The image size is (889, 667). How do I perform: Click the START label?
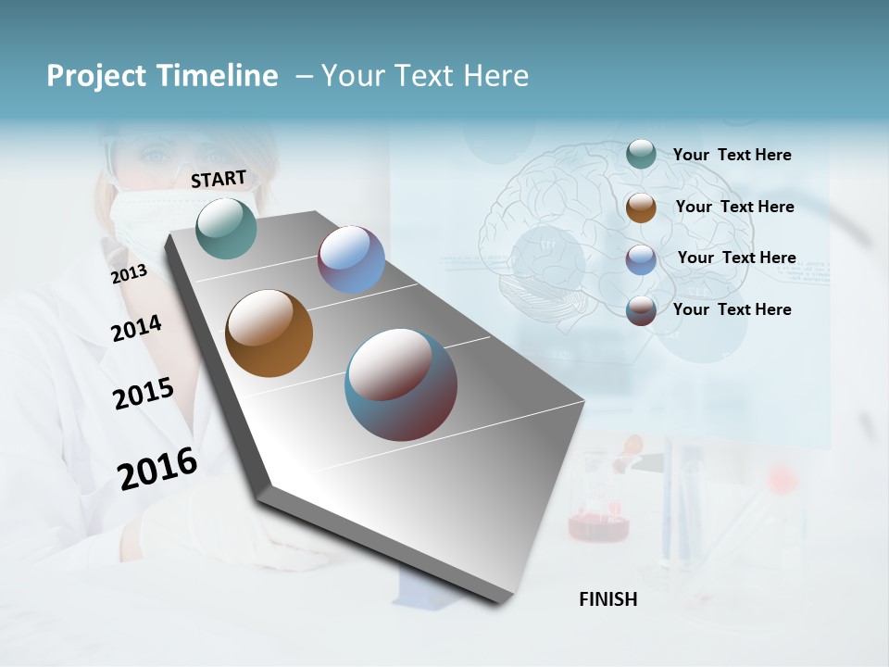219,179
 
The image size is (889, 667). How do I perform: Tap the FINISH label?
607,599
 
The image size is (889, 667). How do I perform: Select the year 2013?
129,273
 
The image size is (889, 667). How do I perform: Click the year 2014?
136,328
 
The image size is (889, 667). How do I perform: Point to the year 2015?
143,394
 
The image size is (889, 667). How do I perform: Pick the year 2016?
157,469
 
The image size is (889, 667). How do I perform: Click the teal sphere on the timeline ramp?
227,228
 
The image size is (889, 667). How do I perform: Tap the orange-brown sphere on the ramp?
269,333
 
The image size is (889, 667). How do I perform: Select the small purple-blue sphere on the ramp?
351,259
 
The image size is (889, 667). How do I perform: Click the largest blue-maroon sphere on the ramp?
401,384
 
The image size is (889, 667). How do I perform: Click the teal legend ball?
641,154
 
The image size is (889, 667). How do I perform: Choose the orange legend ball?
641,208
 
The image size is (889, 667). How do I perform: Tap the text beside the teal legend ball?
732,155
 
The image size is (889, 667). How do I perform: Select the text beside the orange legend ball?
734,207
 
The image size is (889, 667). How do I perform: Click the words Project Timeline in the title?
162,76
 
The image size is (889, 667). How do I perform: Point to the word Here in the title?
495,76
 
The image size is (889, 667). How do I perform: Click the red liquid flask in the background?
598,523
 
